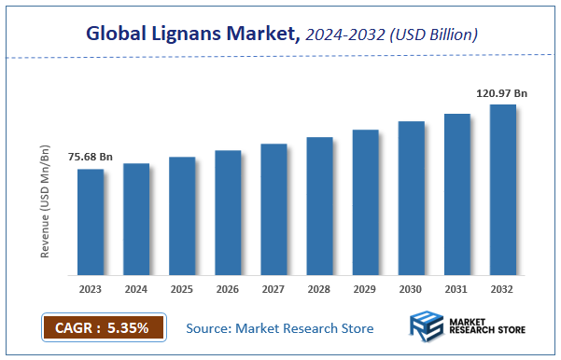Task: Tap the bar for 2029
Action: (x=365, y=202)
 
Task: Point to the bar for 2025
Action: (x=182, y=216)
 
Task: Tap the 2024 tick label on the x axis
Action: (x=136, y=289)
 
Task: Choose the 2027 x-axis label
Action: (x=273, y=289)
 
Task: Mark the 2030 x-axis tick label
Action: (x=411, y=289)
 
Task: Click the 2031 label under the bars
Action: (x=456, y=289)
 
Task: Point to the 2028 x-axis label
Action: (x=319, y=289)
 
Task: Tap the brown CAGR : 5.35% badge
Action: (x=103, y=328)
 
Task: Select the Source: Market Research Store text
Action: (x=280, y=328)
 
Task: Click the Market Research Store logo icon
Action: (x=428, y=329)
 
